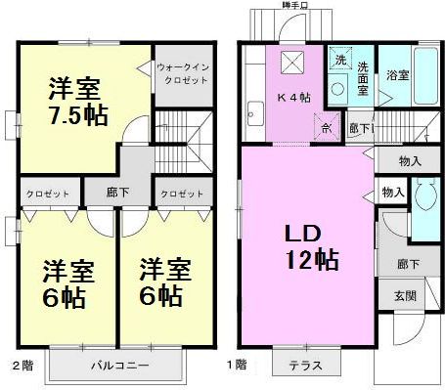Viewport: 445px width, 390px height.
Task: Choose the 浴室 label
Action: click(x=397, y=73)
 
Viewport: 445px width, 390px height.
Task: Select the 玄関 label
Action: click(x=404, y=294)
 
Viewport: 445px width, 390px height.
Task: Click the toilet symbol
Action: click(x=424, y=200)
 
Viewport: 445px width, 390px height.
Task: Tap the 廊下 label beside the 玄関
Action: click(x=406, y=264)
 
